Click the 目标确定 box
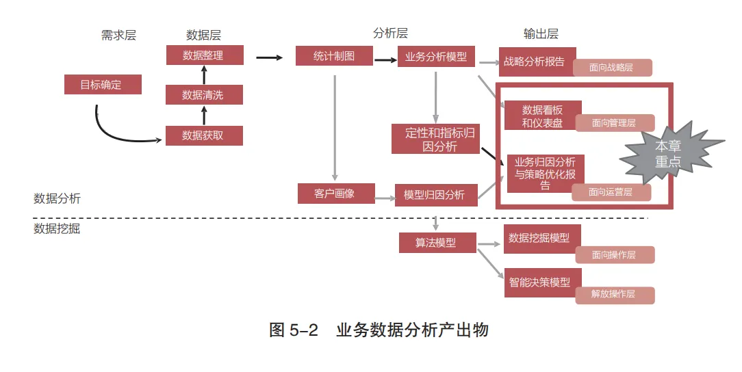(103, 85)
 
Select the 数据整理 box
(205, 55)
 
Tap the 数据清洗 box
(204, 95)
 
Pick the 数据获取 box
(204, 135)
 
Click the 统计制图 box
(334, 56)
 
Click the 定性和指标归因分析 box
(435, 139)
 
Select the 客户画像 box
(335, 194)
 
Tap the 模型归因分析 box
(435, 195)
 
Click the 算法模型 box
(437, 243)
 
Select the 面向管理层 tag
(614, 123)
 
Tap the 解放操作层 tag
(613, 295)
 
